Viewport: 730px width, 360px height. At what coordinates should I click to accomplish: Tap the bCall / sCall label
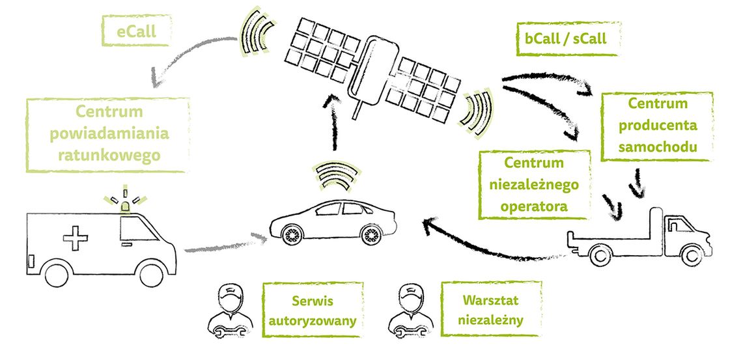pos(565,39)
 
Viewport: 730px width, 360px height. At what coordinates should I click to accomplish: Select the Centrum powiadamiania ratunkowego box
pos(108,135)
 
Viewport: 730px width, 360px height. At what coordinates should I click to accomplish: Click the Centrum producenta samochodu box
pos(656,126)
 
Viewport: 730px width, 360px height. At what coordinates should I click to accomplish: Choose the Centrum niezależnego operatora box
pos(533,184)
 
